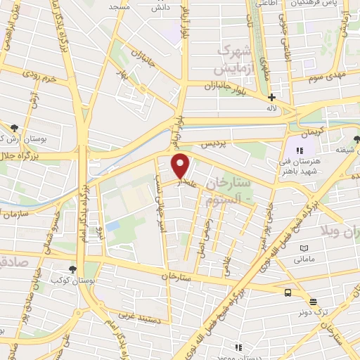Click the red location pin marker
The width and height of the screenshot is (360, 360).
(x=181, y=166)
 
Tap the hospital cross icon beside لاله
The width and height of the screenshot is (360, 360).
(x=272, y=98)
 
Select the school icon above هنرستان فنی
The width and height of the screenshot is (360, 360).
(x=300, y=150)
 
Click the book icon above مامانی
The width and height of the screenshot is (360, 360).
(x=304, y=248)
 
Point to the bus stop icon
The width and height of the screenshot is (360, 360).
(x=288, y=292)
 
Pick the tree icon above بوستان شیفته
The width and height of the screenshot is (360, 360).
(x=356, y=138)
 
